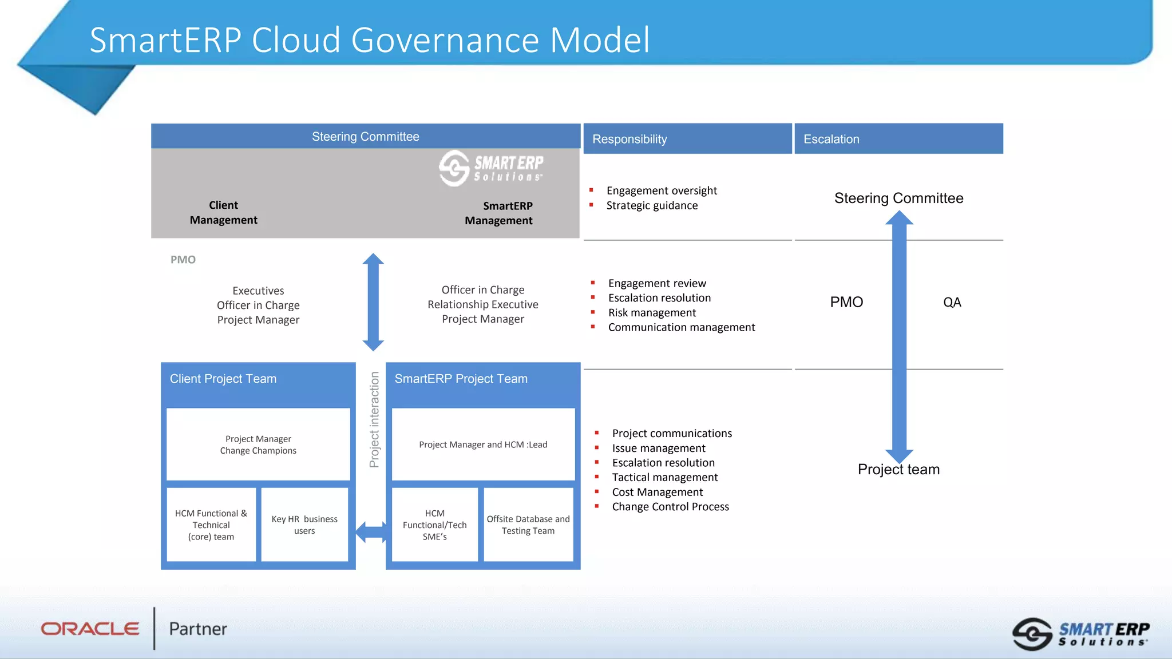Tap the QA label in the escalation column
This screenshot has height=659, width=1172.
coord(952,302)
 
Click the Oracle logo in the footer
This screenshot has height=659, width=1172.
coord(90,629)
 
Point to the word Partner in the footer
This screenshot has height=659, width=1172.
coord(198,629)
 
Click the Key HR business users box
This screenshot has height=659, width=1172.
coord(304,525)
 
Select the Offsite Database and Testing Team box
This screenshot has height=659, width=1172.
coord(528,525)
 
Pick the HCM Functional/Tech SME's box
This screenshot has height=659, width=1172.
coord(435,525)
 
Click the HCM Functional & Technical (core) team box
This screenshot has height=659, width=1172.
coord(211,525)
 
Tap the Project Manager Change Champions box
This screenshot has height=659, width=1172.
coord(258,444)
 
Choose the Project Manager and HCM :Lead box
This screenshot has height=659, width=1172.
coord(483,444)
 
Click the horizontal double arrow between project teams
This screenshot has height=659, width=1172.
coord(371,532)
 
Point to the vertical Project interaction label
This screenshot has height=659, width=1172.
coord(374,419)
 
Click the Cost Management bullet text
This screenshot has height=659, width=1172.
coord(658,492)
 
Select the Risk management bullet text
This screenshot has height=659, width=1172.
coord(652,313)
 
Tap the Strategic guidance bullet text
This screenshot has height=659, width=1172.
coord(652,205)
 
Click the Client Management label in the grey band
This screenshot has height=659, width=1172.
coord(223,212)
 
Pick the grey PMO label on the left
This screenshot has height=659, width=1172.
coord(183,260)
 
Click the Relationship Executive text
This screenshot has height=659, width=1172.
coord(483,304)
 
